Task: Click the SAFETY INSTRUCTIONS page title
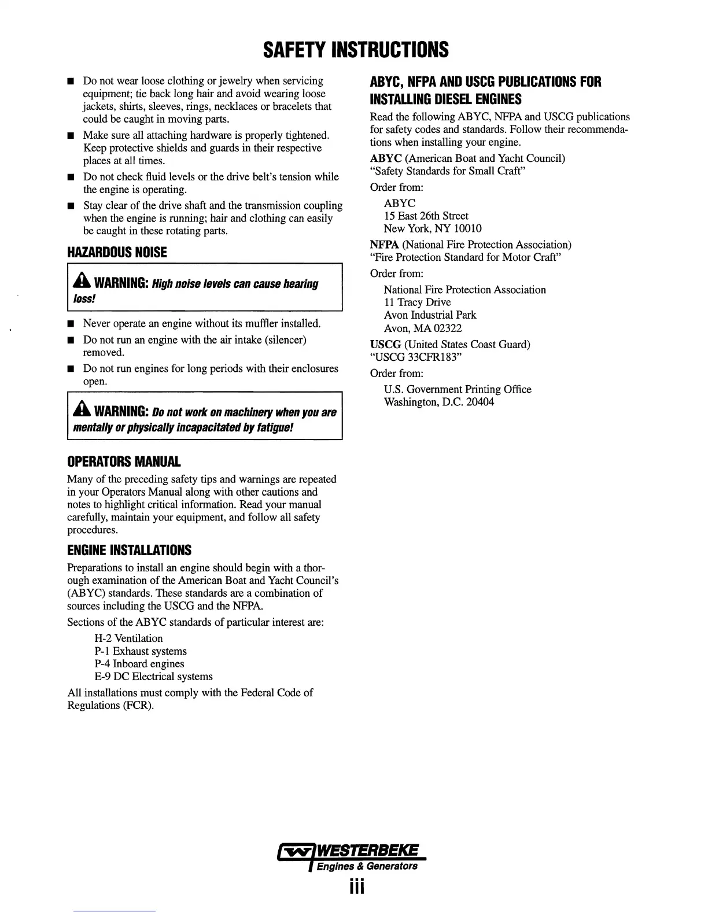tap(355, 50)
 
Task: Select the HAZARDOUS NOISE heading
tap(117, 253)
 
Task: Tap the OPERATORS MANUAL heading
tap(124, 462)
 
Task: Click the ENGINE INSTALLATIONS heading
tap(129, 550)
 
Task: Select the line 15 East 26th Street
tap(426, 216)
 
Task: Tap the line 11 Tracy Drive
tap(417, 302)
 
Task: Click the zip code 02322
tap(447, 328)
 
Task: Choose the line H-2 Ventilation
tap(128, 638)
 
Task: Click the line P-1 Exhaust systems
tap(141, 651)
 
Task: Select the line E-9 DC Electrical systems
tap(153, 677)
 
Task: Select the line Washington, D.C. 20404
tap(439, 402)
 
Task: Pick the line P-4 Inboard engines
tap(139, 664)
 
